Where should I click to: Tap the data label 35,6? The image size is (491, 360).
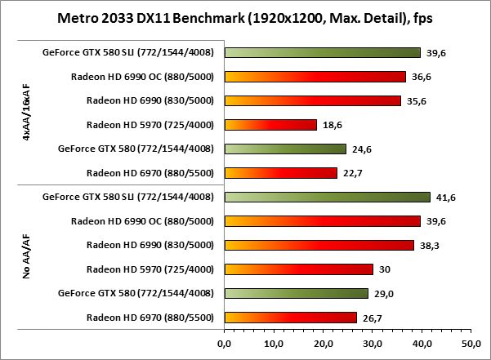[413, 101]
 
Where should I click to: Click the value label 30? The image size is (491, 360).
[382, 269]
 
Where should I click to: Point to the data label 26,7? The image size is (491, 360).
[368, 318]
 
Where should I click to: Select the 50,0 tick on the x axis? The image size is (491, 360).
[470, 344]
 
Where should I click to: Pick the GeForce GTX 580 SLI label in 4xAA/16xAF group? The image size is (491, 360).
[127, 53]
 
